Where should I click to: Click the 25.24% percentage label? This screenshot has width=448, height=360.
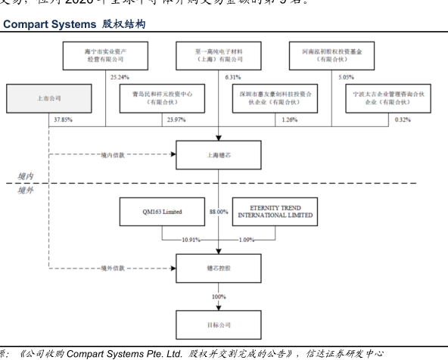tap(120, 76)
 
